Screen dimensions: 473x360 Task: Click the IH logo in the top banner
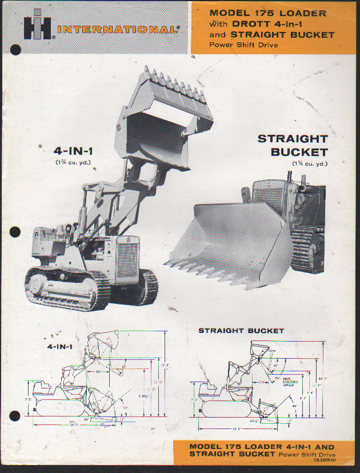(x=38, y=27)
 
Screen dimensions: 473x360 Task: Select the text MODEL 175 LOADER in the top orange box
(x=267, y=13)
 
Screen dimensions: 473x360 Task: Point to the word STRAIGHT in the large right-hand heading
(x=292, y=139)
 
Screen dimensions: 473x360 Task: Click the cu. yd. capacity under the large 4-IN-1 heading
(x=73, y=163)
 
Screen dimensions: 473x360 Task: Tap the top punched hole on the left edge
(x=15, y=50)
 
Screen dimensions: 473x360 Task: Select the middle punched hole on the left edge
(x=15, y=233)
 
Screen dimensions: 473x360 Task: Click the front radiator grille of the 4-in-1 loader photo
(x=127, y=260)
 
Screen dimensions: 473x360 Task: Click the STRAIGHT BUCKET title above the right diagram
(x=241, y=331)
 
